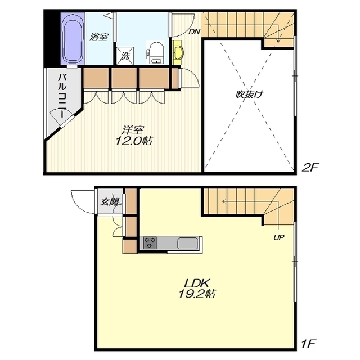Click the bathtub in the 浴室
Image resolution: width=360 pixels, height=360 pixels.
[x=73, y=38]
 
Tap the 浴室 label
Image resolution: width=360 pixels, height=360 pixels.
[x=99, y=37]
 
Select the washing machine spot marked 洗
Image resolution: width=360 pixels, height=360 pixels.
[x=125, y=56]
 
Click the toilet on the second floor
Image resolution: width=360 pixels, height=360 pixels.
[x=156, y=53]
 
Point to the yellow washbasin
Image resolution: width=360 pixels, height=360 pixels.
[x=177, y=53]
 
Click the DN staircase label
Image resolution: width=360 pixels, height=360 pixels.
[x=194, y=32]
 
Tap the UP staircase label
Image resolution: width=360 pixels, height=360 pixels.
[x=279, y=237]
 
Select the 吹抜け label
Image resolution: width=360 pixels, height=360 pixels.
[x=249, y=94]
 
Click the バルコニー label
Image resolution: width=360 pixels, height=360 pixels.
[x=62, y=96]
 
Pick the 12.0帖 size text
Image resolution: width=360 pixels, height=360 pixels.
[x=134, y=141]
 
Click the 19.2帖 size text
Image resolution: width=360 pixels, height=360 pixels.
[x=197, y=294]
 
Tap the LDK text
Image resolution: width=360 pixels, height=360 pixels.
[x=197, y=283]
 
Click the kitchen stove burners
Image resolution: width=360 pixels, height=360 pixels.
[x=150, y=242]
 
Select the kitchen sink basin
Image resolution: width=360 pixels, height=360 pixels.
[x=187, y=243]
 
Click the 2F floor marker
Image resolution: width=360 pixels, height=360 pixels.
[x=310, y=168]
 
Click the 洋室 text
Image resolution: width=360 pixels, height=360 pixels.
[x=133, y=130]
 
